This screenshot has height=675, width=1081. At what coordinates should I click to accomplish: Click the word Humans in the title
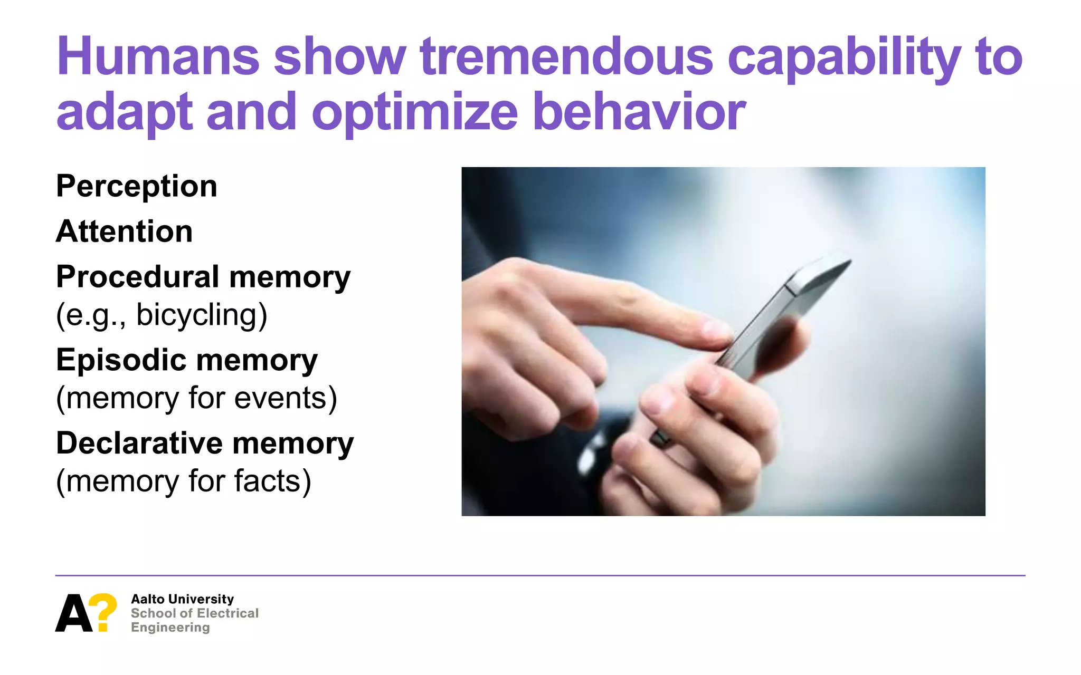click(x=157, y=57)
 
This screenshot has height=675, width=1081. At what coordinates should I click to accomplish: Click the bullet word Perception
click(x=137, y=187)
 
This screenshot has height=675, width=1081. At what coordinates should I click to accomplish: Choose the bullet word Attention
click(x=125, y=232)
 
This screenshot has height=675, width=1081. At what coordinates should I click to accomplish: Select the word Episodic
click(x=121, y=360)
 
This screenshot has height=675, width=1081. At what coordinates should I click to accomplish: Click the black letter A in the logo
click(x=73, y=613)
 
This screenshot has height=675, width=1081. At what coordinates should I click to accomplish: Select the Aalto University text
click(x=182, y=599)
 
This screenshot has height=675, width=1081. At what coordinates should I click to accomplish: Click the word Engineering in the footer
click(x=170, y=628)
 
